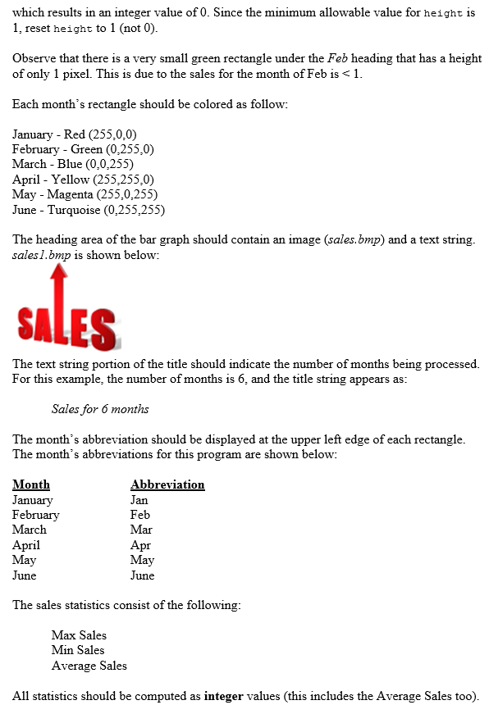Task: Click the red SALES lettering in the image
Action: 66,329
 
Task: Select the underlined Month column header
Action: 31,484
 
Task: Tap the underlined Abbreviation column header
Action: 167,484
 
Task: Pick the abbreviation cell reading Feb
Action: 140,515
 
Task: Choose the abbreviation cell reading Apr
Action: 140,545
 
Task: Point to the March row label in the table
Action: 30,530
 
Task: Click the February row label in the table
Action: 35,515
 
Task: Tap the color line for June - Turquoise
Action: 89,210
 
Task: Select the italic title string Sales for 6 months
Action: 100,409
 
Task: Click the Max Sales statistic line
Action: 79,635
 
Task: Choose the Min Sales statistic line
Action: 78,650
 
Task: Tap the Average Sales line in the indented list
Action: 89,666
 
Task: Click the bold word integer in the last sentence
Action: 223,696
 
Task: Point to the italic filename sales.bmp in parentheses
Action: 354,240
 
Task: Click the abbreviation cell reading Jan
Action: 139,500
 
